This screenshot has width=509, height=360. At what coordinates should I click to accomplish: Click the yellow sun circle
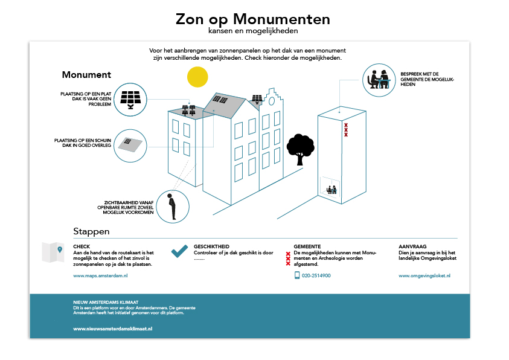197,77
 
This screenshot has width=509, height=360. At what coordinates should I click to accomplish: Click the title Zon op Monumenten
253,19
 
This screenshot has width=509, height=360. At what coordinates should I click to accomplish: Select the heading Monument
86,75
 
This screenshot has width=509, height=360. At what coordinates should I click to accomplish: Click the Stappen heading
91,231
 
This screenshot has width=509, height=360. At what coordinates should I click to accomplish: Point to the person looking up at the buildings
173,206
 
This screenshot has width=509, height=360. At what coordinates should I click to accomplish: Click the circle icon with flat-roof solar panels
130,99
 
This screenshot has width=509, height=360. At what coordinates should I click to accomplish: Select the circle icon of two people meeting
380,79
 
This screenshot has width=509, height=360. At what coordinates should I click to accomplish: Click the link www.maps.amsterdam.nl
100,275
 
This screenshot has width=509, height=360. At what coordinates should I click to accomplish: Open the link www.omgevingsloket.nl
425,275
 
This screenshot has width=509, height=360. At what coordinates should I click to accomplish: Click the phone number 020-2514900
317,275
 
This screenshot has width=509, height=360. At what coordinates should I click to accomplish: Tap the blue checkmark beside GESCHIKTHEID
179,252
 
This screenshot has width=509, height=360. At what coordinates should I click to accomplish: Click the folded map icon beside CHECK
53,253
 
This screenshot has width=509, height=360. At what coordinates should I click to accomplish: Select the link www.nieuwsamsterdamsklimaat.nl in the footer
112,329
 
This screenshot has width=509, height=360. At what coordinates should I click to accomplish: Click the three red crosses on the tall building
346,130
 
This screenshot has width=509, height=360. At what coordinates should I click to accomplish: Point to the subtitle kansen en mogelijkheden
253,31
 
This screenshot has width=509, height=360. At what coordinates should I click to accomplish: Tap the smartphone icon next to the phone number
297,275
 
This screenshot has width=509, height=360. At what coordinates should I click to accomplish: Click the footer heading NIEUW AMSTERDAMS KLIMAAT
106,301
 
